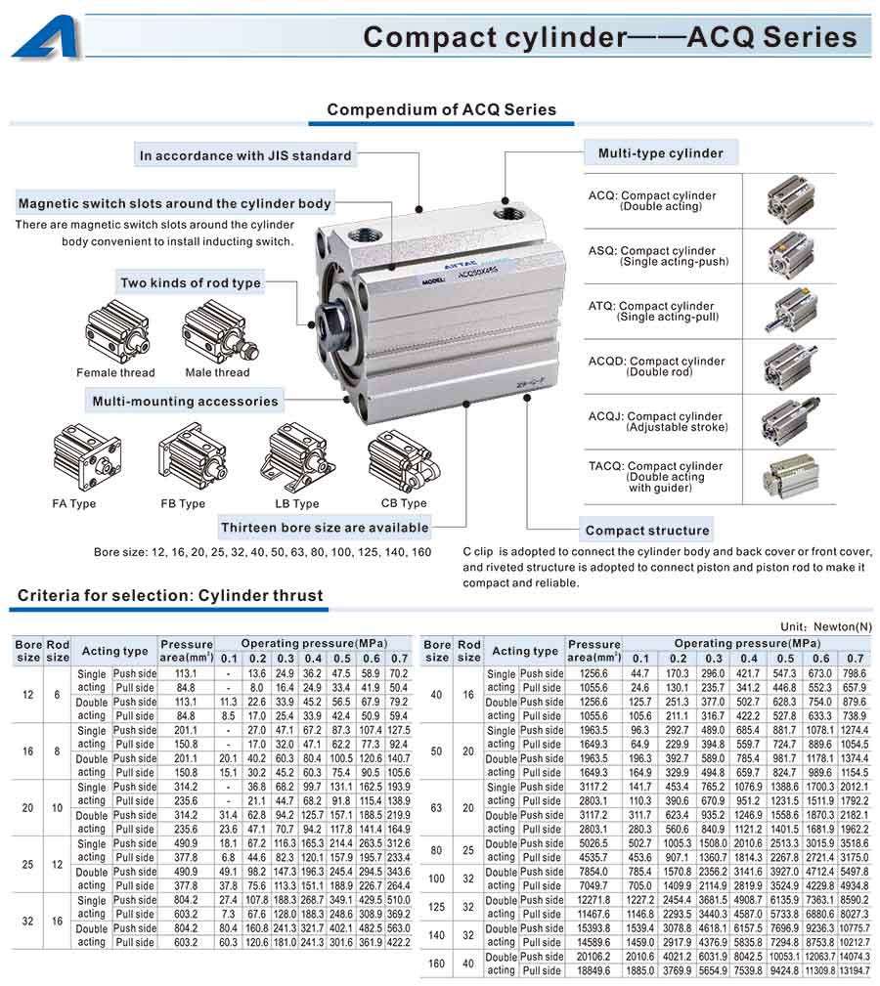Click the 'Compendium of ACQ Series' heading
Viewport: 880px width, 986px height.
[x=441, y=109]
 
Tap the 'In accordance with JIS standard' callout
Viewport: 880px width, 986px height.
[x=244, y=155]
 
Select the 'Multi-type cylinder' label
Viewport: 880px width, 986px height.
[x=660, y=152]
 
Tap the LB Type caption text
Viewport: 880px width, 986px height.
[x=296, y=504]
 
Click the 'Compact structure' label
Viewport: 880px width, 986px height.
[x=647, y=531]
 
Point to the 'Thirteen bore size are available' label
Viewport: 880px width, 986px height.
[x=325, y=528]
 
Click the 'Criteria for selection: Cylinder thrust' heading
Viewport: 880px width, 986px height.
[x=170, y=595]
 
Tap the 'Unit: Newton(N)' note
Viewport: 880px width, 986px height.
[x=825, y=626]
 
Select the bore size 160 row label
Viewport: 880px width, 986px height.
[x=436, y=964]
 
